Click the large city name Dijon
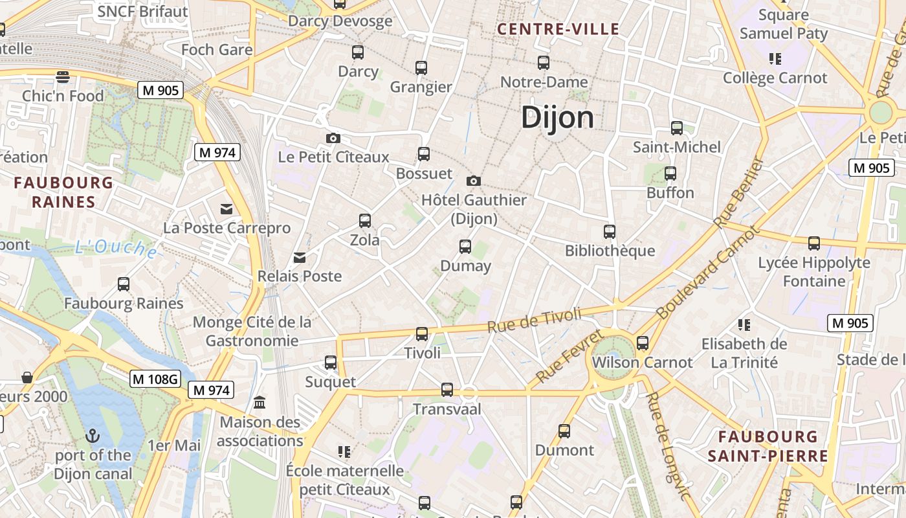pos(557,118)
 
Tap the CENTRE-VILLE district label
pos(558,29)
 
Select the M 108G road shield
pos(155,379)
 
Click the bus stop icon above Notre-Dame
pos(544,63)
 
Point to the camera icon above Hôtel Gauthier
pos(474,181)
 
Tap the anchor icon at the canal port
pos(93,435)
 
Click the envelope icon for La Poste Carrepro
pos(226,208)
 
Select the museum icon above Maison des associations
pos(260,403)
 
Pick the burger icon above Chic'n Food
pos(63,77)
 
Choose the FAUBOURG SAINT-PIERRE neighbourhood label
pos(768,446)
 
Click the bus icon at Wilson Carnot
pos(642,343)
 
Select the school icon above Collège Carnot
pos(775,59)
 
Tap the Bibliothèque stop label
pos(610,251)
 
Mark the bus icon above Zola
pos(365,221)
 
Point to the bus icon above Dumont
pos(564,431)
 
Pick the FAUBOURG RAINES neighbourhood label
pos(63,192)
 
